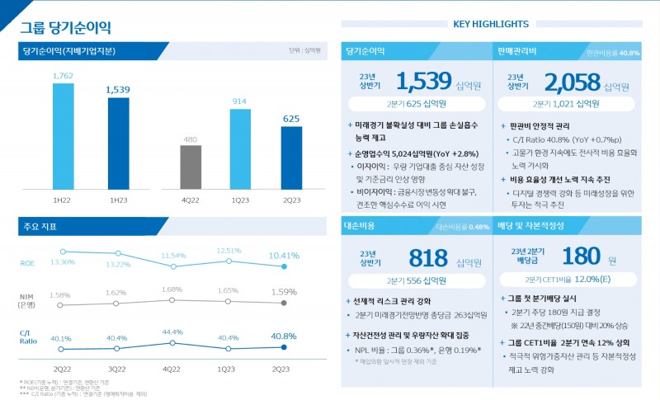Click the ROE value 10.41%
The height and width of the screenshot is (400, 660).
(x=284, y=256)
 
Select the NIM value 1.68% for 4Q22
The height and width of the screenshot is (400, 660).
(x=172, y=289)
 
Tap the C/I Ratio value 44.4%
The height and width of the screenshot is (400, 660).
(x=172, y=332)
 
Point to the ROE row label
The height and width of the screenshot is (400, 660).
(x=27, y=263)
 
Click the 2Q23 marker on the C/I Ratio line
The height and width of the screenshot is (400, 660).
(x=284, y=348)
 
